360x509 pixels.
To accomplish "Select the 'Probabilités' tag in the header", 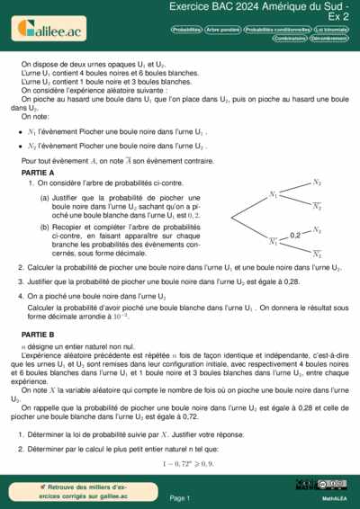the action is pos(186,29).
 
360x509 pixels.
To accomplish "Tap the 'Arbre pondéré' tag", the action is pos(223,29).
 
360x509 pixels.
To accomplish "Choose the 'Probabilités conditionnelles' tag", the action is pos(274,29).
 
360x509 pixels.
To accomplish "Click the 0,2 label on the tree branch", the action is pos(294,235).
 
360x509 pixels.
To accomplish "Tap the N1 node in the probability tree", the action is pos(274,194).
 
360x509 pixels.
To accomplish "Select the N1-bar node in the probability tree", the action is pos(274,241).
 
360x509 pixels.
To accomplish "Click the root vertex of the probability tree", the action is pos(233,219).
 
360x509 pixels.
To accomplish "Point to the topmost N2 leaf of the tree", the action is pos(317,183).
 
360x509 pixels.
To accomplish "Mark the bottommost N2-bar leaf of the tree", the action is pos(317,254).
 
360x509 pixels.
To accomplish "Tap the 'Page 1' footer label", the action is pos(179,496).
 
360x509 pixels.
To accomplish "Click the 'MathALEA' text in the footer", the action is pos(336,497).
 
